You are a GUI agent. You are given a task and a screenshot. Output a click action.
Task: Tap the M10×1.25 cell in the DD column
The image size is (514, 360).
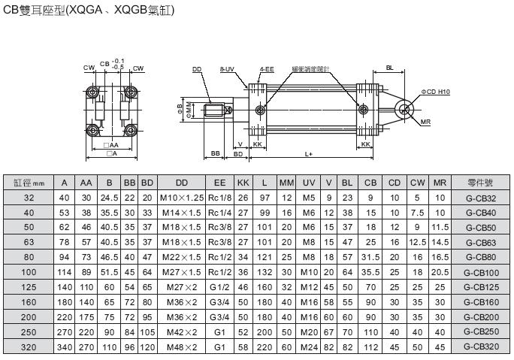[x=182, y=198]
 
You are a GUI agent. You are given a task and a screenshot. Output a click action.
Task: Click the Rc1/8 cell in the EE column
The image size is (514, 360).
[x=219, y=198]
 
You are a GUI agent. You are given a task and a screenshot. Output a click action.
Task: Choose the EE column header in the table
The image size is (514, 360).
[x=219, y=183]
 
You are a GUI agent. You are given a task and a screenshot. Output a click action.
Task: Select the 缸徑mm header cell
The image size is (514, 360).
[x=30, y=183]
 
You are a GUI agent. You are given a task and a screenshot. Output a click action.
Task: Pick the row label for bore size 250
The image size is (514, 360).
[x=30, y=332]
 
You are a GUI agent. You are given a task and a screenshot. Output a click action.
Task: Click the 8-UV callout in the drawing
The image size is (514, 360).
[x=228, y=69]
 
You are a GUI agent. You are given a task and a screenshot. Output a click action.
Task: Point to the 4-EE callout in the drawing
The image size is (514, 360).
[x=266, y=69]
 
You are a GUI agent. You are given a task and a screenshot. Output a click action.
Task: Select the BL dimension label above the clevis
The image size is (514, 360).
[x=390, y=68]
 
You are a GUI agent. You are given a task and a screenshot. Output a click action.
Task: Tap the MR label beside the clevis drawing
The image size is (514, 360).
[x=425, y=121]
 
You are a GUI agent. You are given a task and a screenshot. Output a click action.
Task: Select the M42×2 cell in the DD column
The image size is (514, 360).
[x=182, y=332]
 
